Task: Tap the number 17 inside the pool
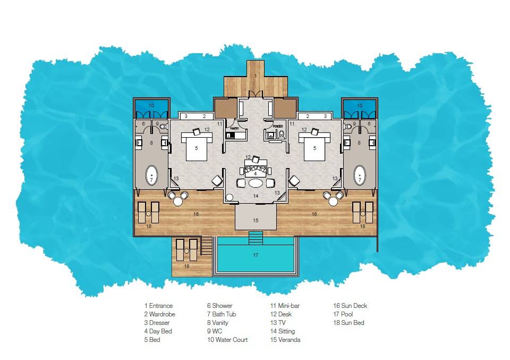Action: pos(256,255)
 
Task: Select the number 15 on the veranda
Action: pos(256,220)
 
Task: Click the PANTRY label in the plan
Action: pos(233,128)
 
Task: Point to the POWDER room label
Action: pos(277,127)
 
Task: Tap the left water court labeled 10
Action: pos(151,108)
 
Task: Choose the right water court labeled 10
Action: pos(360,108)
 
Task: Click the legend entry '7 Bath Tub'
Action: pos(222,314)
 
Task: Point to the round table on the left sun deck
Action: pos(178,202)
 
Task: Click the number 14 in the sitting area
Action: pos(256,196)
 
